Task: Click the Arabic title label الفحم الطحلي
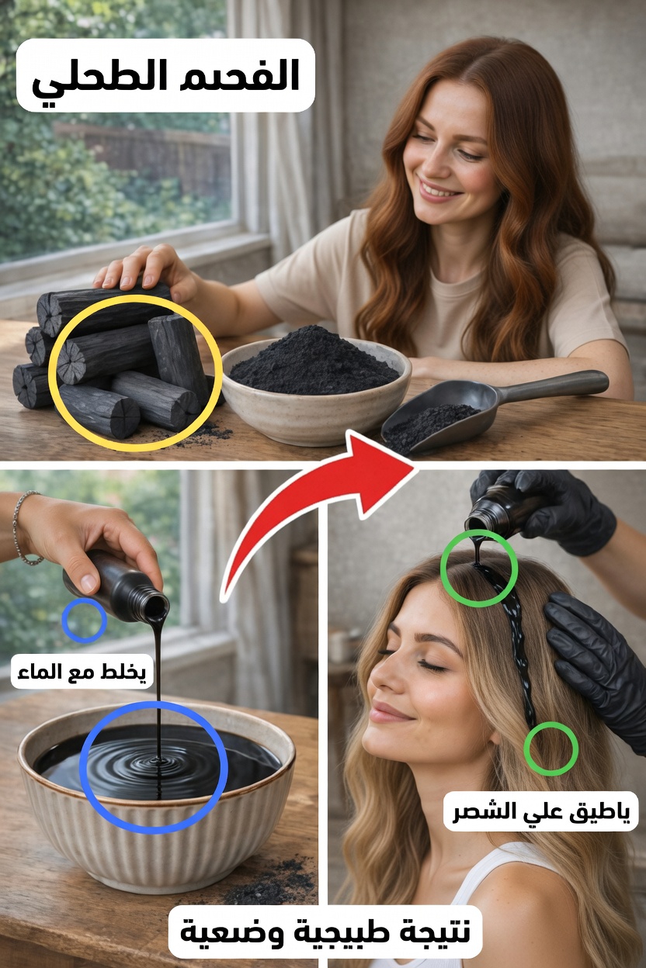click(165, 75)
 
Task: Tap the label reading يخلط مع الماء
click(82, 671)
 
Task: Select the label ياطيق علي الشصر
click(541, 811)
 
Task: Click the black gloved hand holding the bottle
click(558, 510)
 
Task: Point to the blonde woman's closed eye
click(434, 667)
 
